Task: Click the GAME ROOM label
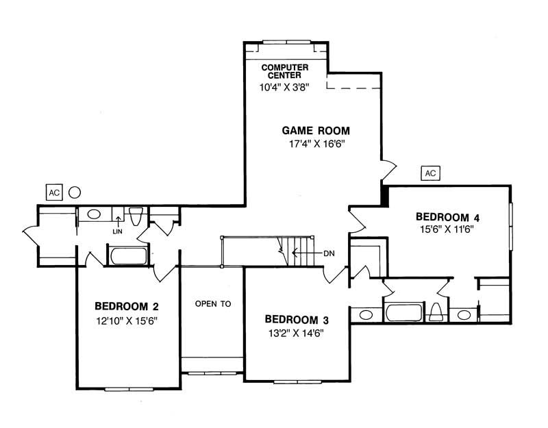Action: tap(316, 130)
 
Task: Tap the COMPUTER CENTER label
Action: tap(286, 71)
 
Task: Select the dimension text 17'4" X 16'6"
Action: tap(316, 144)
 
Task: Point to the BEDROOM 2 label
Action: tap(127, 306)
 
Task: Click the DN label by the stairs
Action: tap(330, 253)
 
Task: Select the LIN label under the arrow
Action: tap(118, 231)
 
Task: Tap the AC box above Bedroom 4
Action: tap(430, 173)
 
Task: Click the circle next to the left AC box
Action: tap(76, 192)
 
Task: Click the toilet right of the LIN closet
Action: tap(135, 216)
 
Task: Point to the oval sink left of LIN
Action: tap(95, 214)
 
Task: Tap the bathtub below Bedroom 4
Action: tap(403, 313)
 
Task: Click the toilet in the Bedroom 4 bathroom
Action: tap(436, 313)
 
